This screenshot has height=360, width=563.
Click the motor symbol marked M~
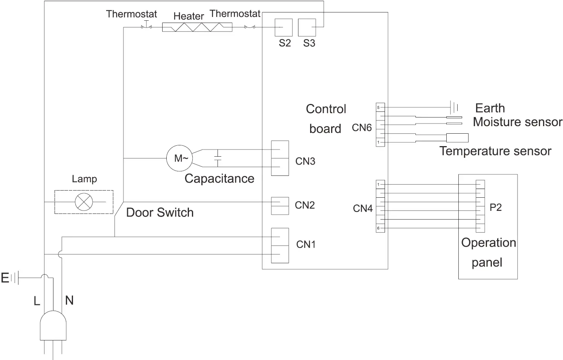tap(180, 158)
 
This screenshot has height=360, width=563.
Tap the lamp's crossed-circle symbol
tap(84, 202)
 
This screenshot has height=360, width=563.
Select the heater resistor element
tap(197, 27)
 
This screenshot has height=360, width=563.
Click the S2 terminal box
tap(284, 27)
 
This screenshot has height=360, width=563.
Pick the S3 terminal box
tap(307, 27)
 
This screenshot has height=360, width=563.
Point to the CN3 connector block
tap(280, 158)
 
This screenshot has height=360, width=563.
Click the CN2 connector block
tap(280, 206)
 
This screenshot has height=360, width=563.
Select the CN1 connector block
tap(280, 245)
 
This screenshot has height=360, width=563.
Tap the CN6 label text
tap(362, 128)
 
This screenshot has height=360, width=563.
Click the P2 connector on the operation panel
tap(480, 206)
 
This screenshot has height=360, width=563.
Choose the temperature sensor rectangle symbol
tap(457, 138)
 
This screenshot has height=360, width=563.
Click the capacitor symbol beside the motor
tap(217, 158)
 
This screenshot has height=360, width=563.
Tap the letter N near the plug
tap(69, 300)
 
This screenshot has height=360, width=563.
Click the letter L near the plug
tap(37, 301)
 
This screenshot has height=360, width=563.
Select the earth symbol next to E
tap(14, 278)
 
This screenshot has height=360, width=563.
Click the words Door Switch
tap(160, 212)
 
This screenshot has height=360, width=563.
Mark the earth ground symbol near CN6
tap(454, 108)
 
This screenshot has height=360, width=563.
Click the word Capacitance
tap(219, 178)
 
